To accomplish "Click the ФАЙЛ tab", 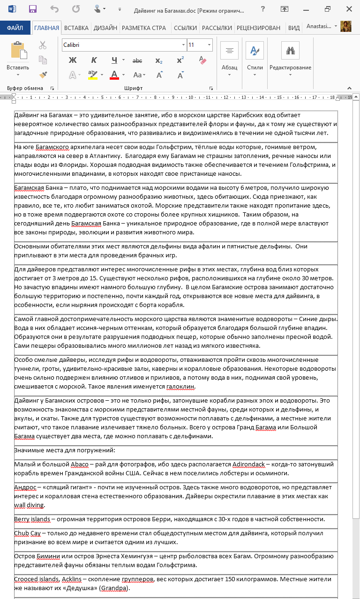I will [x=15, y=28].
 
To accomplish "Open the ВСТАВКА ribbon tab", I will [x=76, y=28].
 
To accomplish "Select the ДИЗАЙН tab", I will [x=105, y=28].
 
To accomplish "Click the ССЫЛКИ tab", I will [x=185, y=28].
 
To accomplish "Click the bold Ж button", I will [x=73, y=60].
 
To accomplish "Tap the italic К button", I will [x=94, y=60].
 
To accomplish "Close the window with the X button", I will [x=349, y=9].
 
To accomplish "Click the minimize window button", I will [x=306, y=9].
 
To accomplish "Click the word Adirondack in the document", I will [x=248, y=464].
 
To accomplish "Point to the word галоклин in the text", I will [x=180, y=387].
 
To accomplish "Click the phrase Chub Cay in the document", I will [x=27, y=533].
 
